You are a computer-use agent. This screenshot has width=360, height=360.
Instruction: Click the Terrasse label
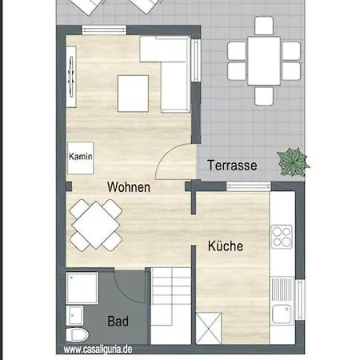pyautogui.click(x=232, y=166)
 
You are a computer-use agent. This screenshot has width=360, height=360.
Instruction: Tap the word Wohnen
pyautogui.click(x=129, y=187)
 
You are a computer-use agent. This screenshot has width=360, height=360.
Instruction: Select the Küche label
pyautogui.click(x=226, y=246)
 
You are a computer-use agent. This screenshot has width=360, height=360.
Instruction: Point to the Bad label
pyautogui.click(x=118, y=321)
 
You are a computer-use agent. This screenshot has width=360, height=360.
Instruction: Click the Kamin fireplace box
pyautogui.click(x=80, y=158)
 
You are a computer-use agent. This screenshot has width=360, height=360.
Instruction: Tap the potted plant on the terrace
pyautogui.click(x=293, y=162)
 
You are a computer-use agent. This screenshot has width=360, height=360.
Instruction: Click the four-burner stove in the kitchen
pyautogui.click(x=282, y=237)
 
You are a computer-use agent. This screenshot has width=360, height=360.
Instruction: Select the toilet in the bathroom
pyautogui.click(x=77, y=335)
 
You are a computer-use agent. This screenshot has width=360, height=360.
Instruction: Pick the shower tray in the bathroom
pyautogui.click(x=82, y=288)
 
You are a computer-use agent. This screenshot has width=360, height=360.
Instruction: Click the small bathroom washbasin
pyautogui.click(x=74, y=315)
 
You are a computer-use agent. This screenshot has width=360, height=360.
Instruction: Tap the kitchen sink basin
pyautogui.click(x=282, y=314)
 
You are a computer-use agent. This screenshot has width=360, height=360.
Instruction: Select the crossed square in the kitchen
pyautogui.click(x=209, y=329)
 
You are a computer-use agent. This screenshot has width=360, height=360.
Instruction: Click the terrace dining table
pyautogui.click(x=264, y=61)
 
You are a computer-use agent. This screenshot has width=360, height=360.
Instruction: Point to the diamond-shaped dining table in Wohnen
pyautogui.click(x=96, y=226)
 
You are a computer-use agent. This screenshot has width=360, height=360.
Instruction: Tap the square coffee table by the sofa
pyautogui.click(x=133, y=94)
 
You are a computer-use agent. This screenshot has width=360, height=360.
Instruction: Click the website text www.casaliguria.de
pyautogui.click(x=98, y=350)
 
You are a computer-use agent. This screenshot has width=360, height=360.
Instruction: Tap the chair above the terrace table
pyautogui.click(x=264, y=26)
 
